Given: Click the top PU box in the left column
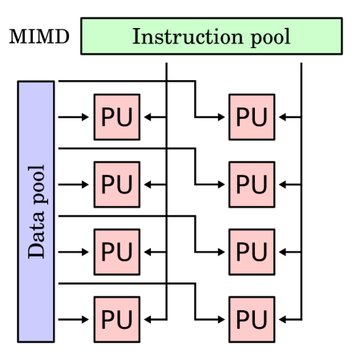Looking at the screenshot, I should pyautogui.click(x=116, y=117).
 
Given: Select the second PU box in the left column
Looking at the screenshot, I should pyautogui.click(x=116, y=184).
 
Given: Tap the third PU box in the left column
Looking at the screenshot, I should pyautogui.click(x=116, y=252).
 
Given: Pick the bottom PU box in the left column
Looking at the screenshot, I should pyautogui.click(x=116, y=319).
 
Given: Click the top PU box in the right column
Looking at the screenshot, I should pyautogui.click(x=251, y=117).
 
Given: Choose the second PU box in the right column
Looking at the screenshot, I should pyautogui.click(x=251, y=184).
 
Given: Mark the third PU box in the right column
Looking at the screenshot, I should pyautogui.click(x=251, y=252).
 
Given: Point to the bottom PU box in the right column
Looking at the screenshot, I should pyautogui.click(x=251, y=319).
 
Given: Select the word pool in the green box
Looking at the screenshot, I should pyautogui.click(x=269, y=38).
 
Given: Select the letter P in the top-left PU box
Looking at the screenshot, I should pyautogui.click(x=108, y=117).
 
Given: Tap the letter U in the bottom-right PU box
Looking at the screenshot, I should pyautogui.click(x=260, y=319).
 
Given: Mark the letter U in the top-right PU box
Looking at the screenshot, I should pyautogui.click(x=260, y=117).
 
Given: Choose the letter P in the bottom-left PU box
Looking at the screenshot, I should pyautogui.click(x=108, y=319).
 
